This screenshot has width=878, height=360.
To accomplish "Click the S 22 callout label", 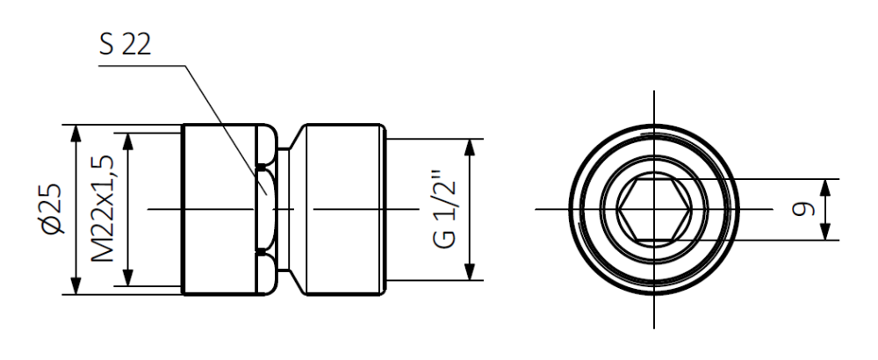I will pyautogui.click(x=125, y=46).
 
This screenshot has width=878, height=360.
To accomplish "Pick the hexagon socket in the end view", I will pyautogui.click(x=653, y=209).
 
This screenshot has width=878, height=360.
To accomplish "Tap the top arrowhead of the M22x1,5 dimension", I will pyautogui.click(x=129, y=140).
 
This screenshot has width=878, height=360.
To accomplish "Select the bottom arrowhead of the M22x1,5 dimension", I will pyautogui.click(x=129, y=278).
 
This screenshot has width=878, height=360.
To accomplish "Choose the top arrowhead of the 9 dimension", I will pyautogui.click(x=826, y=185).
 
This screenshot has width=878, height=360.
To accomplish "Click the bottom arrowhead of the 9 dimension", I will pyautogui.click(x=826, y=233).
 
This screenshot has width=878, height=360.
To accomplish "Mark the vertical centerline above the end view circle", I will pyautogui.click(x=653, y=105).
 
